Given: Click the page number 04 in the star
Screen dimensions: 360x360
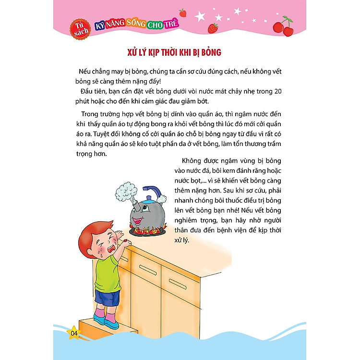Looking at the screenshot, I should (x=74, y=333).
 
